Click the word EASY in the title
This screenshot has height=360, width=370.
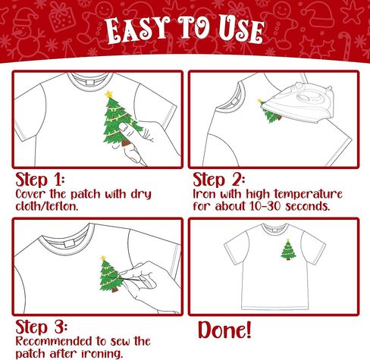pyautogui.click(x=138, y=30)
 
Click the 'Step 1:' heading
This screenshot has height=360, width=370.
pyautogui.click(x=40, y=180)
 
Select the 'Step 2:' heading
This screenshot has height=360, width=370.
pyautogui.click(x=219, y=180)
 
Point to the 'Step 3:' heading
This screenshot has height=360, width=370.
pyautogui.click(x=42, y=327)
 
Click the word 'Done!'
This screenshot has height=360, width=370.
pyautogui.click(x=224, y=330)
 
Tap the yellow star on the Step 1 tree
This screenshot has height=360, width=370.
pyautogui.click(x=109, y=94)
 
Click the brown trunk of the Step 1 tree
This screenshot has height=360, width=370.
pyautogui.click(x=126, y=143)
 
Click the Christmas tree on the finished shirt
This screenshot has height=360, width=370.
pyautogui.click(x=288, y=249)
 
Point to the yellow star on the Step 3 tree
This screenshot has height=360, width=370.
pyautogui.click(x=103, y=258)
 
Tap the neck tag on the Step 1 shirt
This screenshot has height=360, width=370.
pyautogui.click(x=89, y=83)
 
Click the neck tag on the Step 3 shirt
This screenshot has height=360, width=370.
pyautogui.click(x=68, y=243)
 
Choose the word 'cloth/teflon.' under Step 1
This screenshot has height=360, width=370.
pyautogui.click(x=47, y=206)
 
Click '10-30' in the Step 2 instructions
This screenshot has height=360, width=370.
pyautogui.click(x=265, y=206)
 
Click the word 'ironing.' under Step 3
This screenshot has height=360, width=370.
pyautogui.click(x=102, y=353)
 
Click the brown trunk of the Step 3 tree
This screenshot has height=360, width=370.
pyautogui.click(x=114, y=290)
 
